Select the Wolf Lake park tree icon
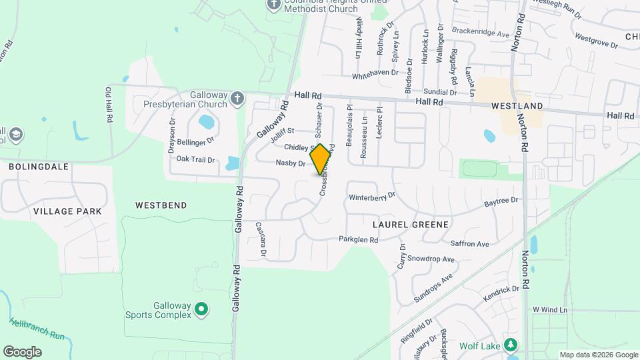coord(511,345)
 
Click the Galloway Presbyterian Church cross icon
coord(237,100)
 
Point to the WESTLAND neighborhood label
coord(517,106)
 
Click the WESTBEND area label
coord(161,205)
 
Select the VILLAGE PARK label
coord(67,211)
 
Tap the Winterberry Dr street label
coord(372,197)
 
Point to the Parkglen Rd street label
coord(358,239)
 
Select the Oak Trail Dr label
coord(195,160)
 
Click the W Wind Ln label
coord(549,310)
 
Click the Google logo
coord(22,351)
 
